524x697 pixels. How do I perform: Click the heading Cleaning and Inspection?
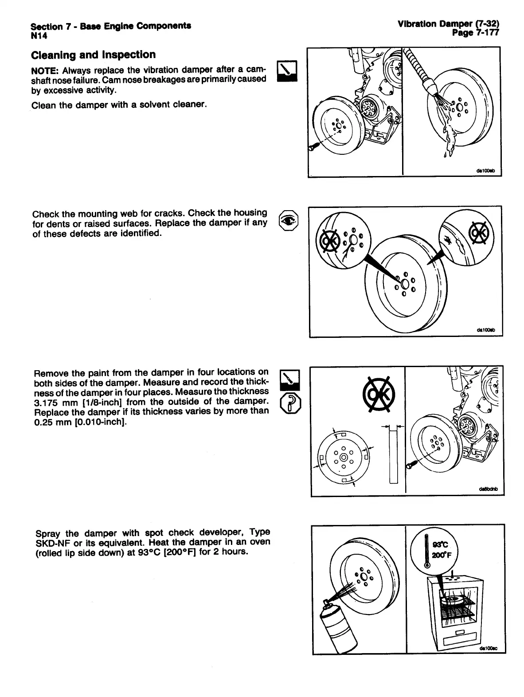tap(93, 55)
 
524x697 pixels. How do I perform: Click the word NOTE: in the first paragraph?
tap(45, 70)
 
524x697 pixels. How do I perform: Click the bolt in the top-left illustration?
tap(314, 147)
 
